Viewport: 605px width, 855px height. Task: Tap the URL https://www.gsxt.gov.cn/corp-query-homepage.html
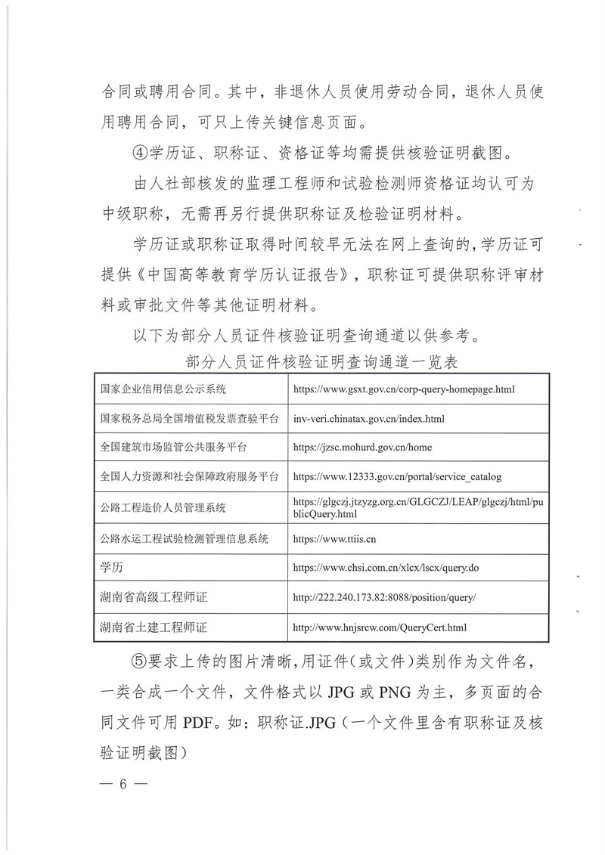coord(403,389)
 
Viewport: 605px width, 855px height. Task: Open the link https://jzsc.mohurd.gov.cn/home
coord(362,447)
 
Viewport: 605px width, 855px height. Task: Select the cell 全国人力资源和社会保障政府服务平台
coord(189,477)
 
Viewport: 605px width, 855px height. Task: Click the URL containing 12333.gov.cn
coord(396,477)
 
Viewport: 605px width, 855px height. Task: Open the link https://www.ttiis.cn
coord(334,538)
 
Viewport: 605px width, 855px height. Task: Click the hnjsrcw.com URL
coord(379,627)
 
